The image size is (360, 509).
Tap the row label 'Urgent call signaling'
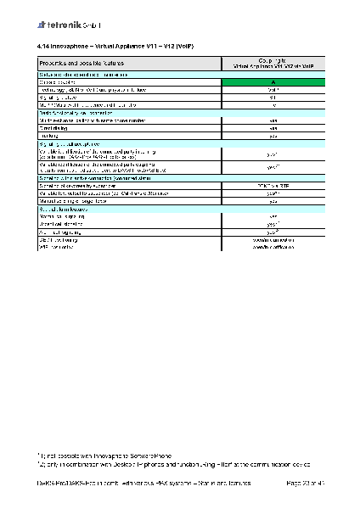[x=65, y=223]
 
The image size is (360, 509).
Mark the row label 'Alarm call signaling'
[x=64, y=231]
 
